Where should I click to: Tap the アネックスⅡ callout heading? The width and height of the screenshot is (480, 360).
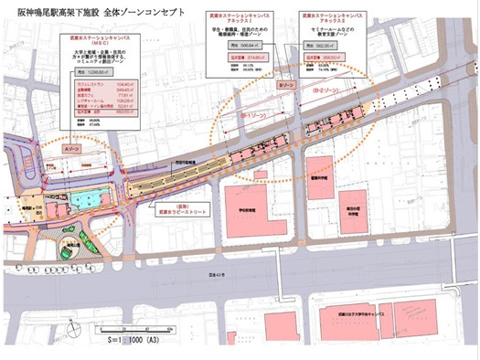pyautogui.click(x=340, y=22)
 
